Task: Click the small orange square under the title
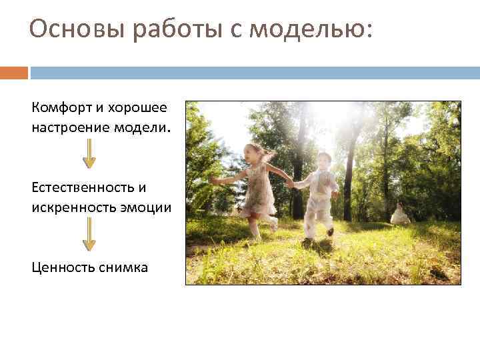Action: click(x=14, y=73)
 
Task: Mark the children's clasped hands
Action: click(x=290, y=183)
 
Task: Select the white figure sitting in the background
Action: click(x=400, y=213)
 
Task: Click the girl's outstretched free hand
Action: click(x=213, y=180)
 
